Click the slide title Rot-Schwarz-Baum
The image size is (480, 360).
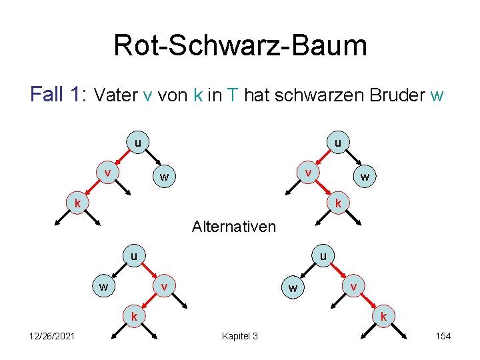[240, 46]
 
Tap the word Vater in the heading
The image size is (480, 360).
[117, 96]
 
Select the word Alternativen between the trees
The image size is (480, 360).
[233, 227]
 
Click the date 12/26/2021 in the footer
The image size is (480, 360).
[51, 336]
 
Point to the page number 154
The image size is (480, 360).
[443, 336]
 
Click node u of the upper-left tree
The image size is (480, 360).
[137, 143]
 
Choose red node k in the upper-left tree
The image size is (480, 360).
[77, 201]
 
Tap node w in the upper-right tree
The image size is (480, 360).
[365, 177]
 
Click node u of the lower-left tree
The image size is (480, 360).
[134, 255]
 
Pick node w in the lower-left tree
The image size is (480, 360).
[104, 287]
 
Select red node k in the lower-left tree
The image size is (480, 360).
[134, 315]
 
